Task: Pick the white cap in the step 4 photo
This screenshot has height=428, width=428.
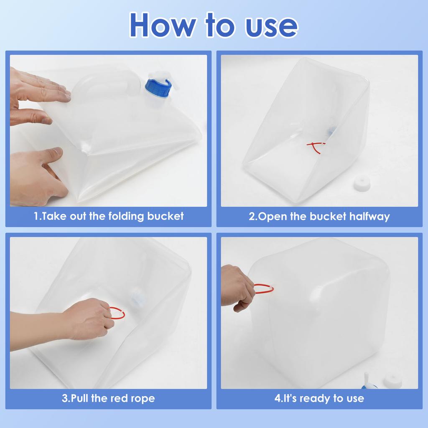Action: click(x=393, y=380)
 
